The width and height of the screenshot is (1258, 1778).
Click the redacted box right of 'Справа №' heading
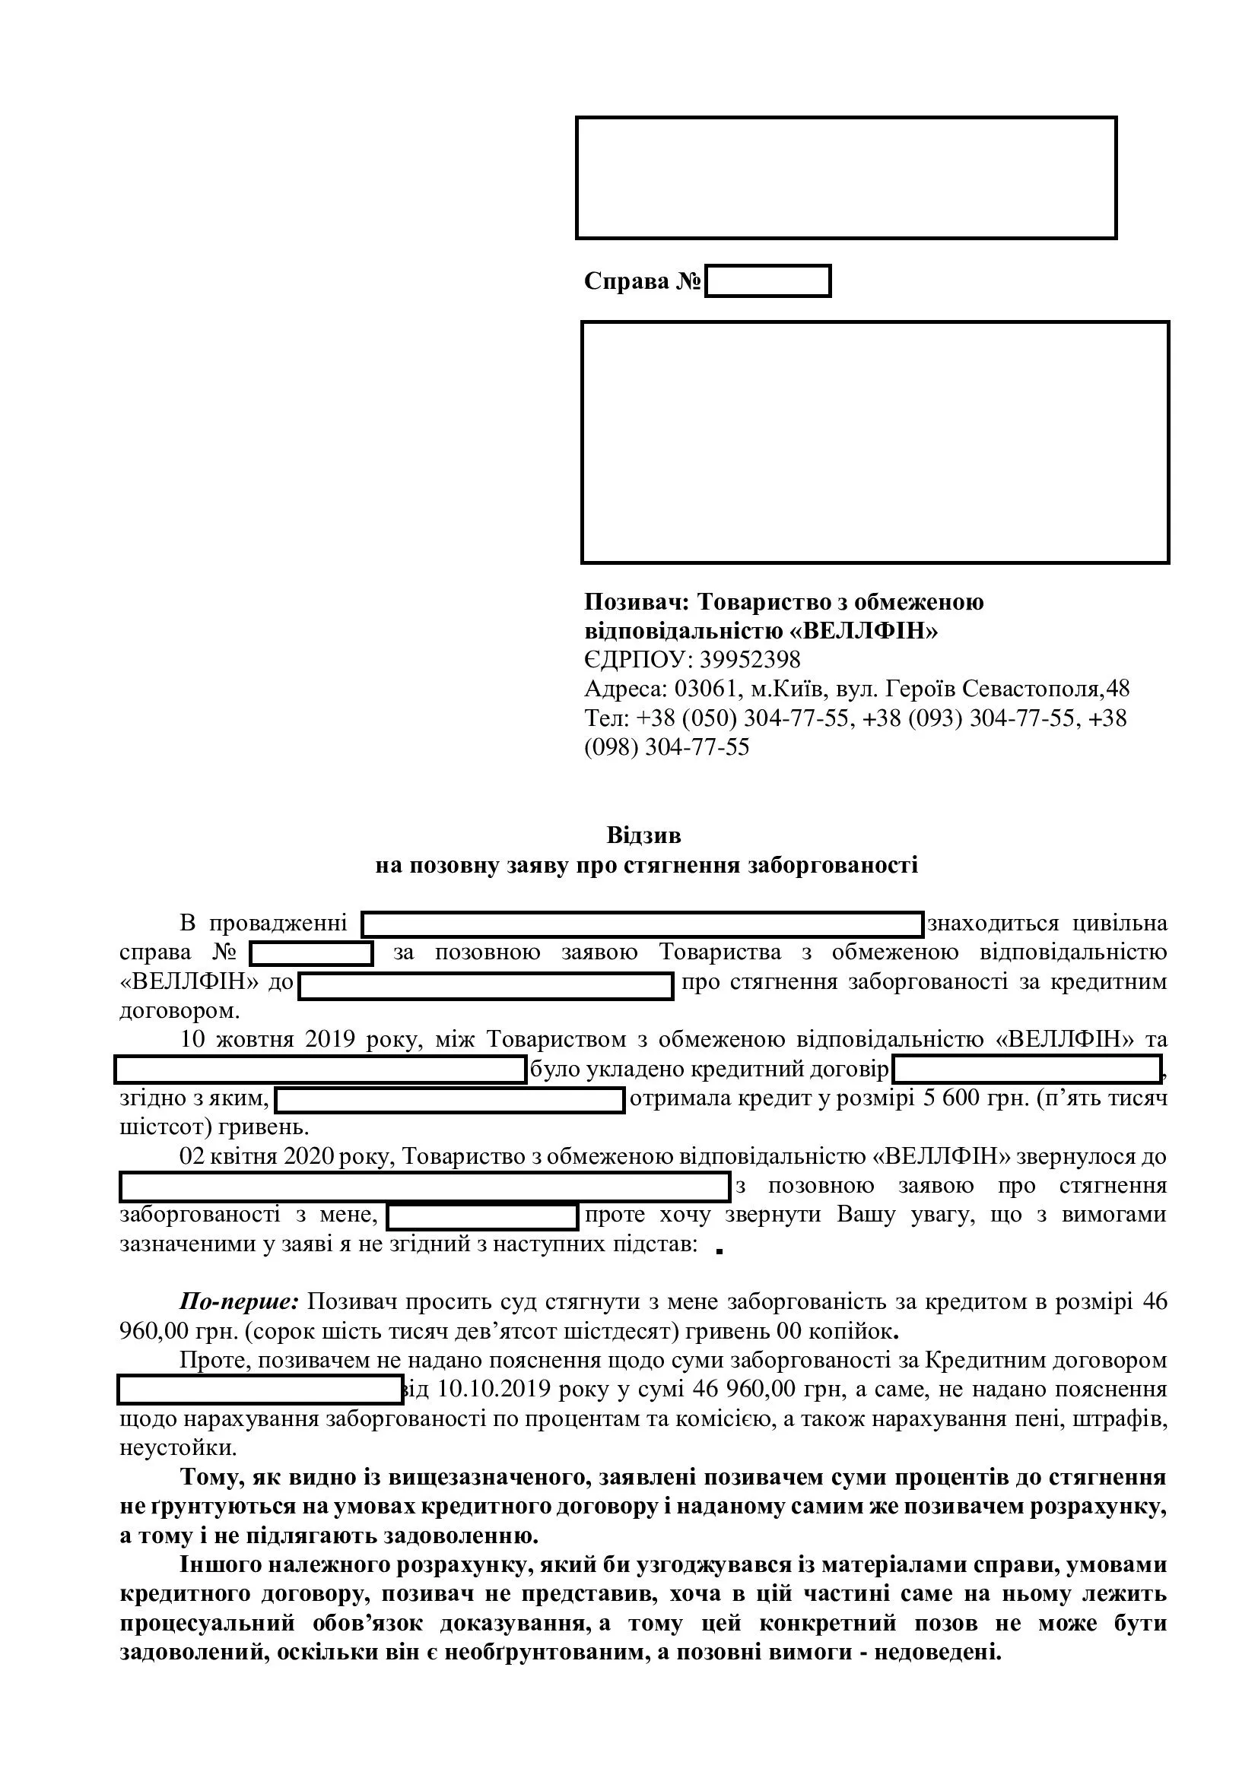click(x=767, y=281)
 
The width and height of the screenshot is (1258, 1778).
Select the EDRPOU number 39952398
click(x=750, y=660)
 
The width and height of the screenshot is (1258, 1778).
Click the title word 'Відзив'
click(x=643, y=835)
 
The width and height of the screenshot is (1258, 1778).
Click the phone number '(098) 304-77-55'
click(x=667, y=747)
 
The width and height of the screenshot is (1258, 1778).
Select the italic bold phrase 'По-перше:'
click(x=240, y=1301)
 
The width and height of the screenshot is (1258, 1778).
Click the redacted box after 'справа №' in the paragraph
click(x=310, y=953)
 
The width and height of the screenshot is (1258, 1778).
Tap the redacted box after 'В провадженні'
click(x=642, y=924)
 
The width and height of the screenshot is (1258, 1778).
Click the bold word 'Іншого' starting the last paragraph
click(x=224, y=1565)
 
